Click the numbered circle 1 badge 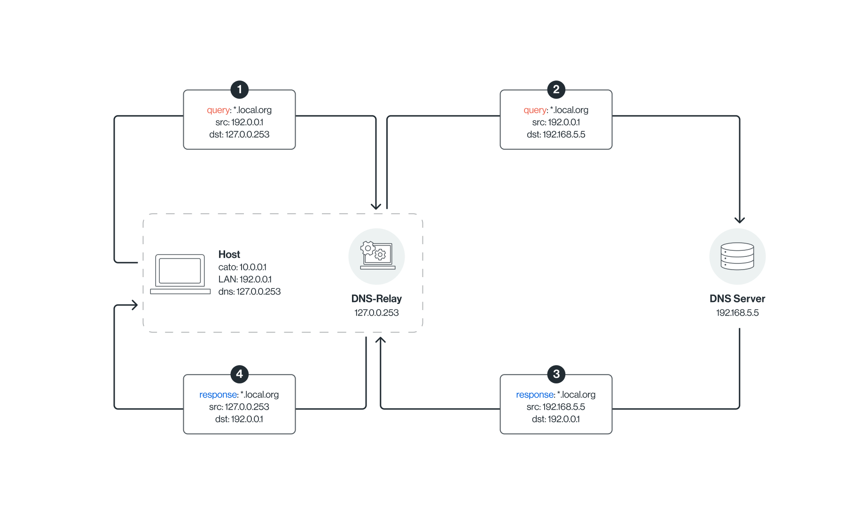(x=239, y=89)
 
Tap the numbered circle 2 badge (x=556, y=89)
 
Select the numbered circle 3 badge (x=556, y=374)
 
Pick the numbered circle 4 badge (x=239, y=374)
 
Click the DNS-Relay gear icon (x=376, y=256)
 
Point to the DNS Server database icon (x=737, y=256)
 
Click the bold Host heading (x=229, y=255)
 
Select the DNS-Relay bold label (x=376, y=299)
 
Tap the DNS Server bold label (x=737, y=299)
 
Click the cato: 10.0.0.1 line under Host (x=242, y=267)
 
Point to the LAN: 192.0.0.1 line (x=245, y=279)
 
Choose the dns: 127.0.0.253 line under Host (x=250, y=292)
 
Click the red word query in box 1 (x=219, y=110)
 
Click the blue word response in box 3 (x=535, y=395)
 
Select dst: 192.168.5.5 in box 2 (x=556, y=135)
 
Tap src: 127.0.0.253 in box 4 (x=239, y=407)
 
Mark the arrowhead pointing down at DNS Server (x=739, y=220)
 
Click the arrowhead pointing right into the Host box (x=134, y=305)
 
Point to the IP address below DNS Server (x=737, y=313)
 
